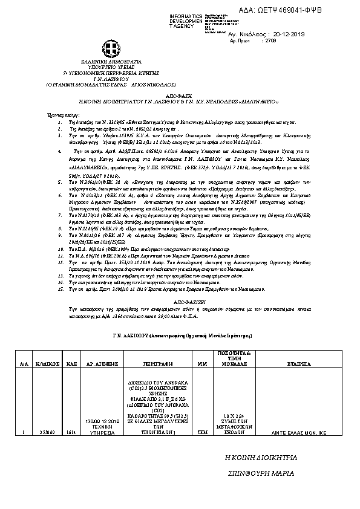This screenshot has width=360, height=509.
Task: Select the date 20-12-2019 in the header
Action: (x=278, y=36)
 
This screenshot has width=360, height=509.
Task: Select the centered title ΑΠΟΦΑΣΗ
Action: (x=179, y=96)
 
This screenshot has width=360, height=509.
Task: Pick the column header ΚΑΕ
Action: (x=70, y=365)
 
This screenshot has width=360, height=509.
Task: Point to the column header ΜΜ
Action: (x=202, y=365)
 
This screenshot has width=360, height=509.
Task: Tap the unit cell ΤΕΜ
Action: (x=202, y=433)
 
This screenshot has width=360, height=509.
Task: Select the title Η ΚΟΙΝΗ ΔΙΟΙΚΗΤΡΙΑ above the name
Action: (x=261, y=458)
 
